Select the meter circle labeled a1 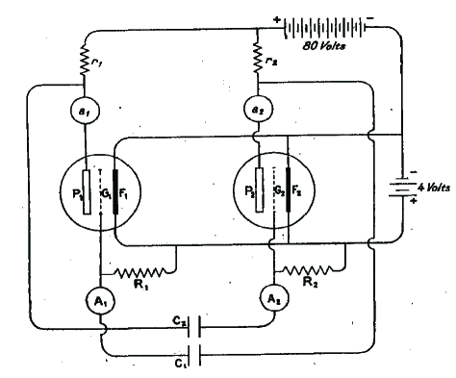pos(85,112)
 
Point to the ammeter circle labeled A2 pos(271,298)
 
